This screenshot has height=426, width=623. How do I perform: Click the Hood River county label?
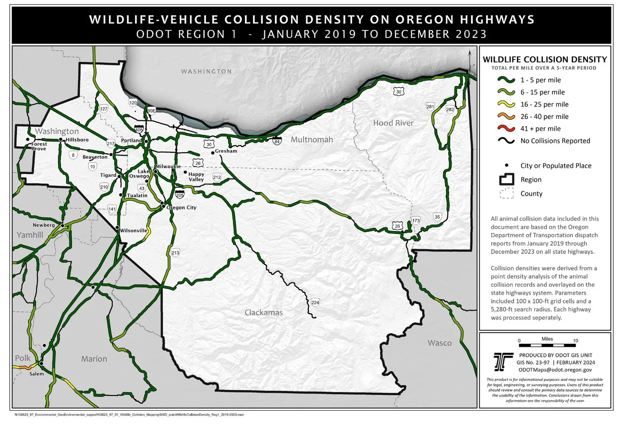coord(393,123)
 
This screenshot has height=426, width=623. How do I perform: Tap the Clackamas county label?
coord(263,312)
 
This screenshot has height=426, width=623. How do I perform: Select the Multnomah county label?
coord(311,139)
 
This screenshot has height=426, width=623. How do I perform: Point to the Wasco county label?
coord(439,343)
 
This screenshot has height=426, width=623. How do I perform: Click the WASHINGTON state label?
coord(206,71)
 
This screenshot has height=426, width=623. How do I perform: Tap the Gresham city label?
coord(226,151)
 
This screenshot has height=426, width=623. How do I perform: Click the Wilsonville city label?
coord(134,231)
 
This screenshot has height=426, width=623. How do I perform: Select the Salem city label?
coord(37,374)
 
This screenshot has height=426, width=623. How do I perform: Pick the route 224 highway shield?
coord(315,302)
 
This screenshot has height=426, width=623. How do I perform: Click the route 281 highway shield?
coord(430,107)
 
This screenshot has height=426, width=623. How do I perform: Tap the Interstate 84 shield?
coord(277,141)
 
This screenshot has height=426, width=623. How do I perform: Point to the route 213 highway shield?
coord(175,253)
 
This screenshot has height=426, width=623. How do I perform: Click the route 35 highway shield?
coord(437,217)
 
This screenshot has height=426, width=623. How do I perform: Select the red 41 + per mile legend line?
coord(506,129)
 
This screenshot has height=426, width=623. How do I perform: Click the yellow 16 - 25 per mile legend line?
coord(506,105)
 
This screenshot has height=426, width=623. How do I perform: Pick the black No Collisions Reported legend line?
coord(506,141)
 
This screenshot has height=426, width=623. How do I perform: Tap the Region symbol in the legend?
coord(506,180)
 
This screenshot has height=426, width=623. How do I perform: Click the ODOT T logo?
coord(503,362)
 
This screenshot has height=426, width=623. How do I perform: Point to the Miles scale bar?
coord(547,345)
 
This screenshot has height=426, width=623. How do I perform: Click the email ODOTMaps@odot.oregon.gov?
coord(555,370)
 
